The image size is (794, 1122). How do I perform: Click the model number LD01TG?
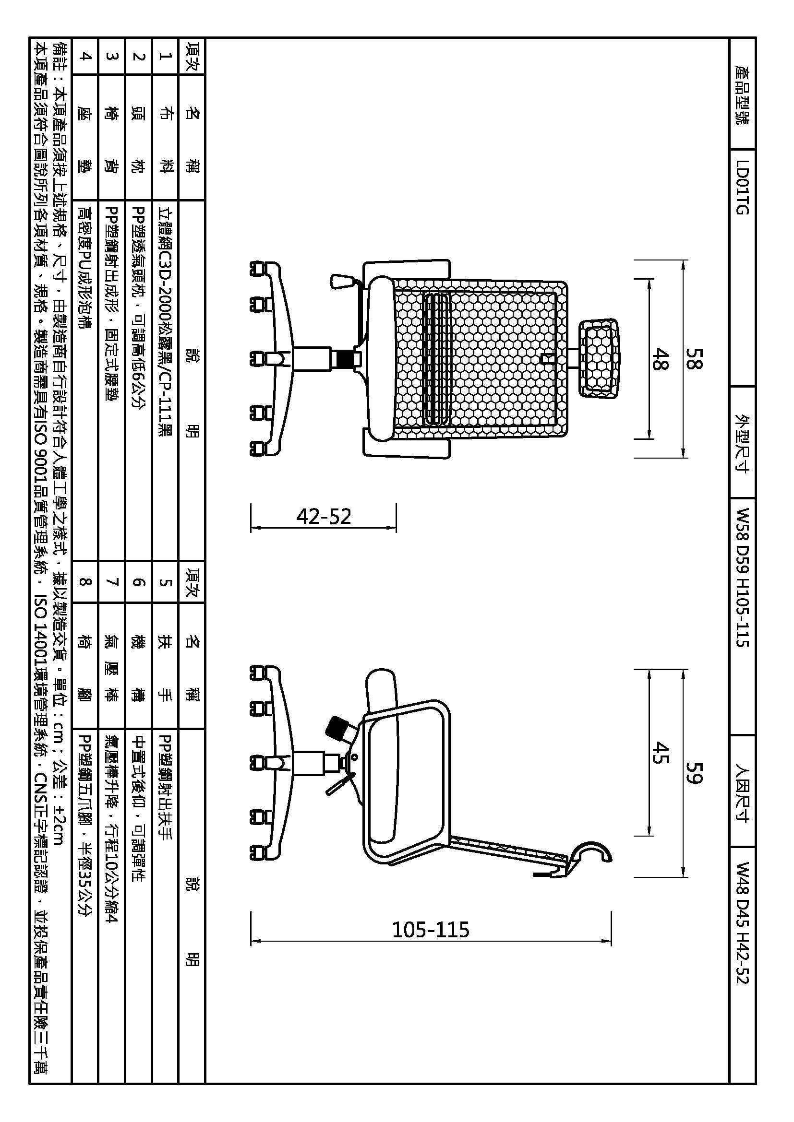[742, 188]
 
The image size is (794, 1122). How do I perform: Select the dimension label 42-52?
[324, 517]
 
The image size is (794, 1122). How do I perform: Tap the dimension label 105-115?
[431, 929]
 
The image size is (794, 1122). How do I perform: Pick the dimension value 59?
[693, 772]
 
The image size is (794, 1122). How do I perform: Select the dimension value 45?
[660, 753]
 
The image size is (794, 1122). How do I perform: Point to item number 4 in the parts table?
[85, 56]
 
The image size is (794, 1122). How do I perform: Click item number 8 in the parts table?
[85, 581]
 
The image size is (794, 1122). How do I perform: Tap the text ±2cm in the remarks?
[58, 821]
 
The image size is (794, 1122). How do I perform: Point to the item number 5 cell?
[166, 581]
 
